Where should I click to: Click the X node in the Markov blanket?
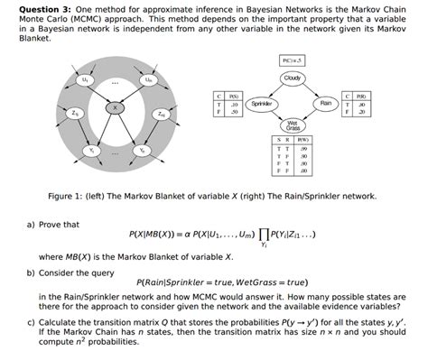(x=114, y=107)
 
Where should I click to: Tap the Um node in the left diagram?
(x=142, y=80)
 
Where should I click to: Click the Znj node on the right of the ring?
(x=160, y=115)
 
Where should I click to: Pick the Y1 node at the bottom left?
(x=88, y=149)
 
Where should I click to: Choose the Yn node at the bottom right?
(x=142, y=149)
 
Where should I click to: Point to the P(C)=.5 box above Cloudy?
(x=291, y=60)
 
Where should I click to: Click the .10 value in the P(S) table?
(x=235, y=103)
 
